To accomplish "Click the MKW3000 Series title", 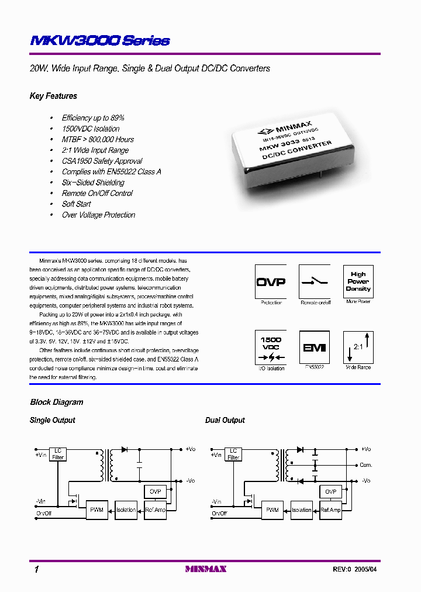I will pyautogui.click(x=99, y=40).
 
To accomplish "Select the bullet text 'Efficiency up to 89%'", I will pyautogui.click(x=93, y=118).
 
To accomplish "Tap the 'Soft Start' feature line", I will pyautogui.click(x=77, y=204).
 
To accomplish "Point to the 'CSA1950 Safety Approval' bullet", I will pyautogui.click(x=102, y=161).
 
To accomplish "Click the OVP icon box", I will pyautogui.click(x=271, y=281).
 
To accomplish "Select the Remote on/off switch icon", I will pyautogui.click(x=315, y=281).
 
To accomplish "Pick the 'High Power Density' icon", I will pyautogui.click(x=358, y=281).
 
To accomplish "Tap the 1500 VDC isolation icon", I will pyautogui.click(x=271, y=347).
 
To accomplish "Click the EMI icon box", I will pyautogui.click(x=315, y=347).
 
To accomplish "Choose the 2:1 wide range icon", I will pyautogui.click(x=358, y=347).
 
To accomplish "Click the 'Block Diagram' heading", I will pyautogui.click(x=57, y=402).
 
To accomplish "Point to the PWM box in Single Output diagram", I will pyautogui.click(x=96, y=510).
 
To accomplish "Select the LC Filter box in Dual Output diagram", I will pyautogui.click(x=233, y=454).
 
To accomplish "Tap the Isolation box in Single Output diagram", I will pyautogui.click(x=126, y=510).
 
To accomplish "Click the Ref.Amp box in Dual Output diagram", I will pyautogui.click(x=331, y=510).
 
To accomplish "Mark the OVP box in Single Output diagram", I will pyautogui.click(x=155, y=491).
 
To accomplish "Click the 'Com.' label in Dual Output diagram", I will pyautogui.click(x=366, y=465).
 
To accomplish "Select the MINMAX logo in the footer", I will pyautogui.click(x=205, y=569).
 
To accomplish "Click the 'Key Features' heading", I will pyautogui.click(x=53, y=96).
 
